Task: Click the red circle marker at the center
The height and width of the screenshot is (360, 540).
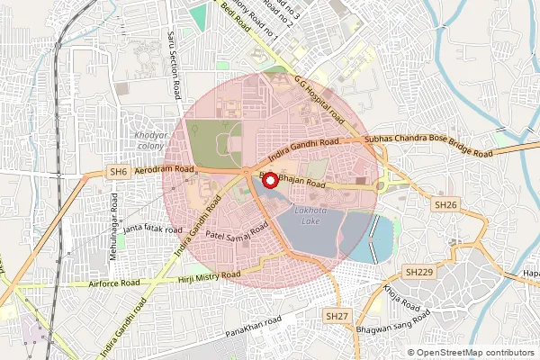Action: point(268,179)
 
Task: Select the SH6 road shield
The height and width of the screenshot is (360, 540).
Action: point(118,172)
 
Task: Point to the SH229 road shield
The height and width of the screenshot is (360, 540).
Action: point(418,272)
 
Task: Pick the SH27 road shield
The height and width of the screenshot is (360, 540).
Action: point(337,316)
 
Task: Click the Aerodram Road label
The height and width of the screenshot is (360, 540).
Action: point(166,169)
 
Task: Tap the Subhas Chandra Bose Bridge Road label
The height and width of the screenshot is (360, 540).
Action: point(428,147)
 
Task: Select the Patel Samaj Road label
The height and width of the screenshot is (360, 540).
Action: point(237,234)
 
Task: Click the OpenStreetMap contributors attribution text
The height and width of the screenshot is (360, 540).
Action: point(474,352)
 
